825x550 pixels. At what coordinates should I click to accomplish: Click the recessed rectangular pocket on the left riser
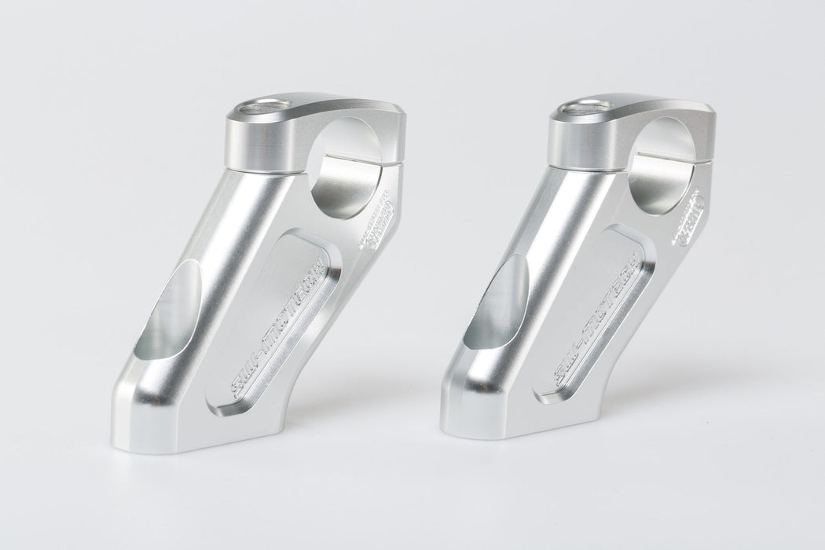point(275,322)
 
